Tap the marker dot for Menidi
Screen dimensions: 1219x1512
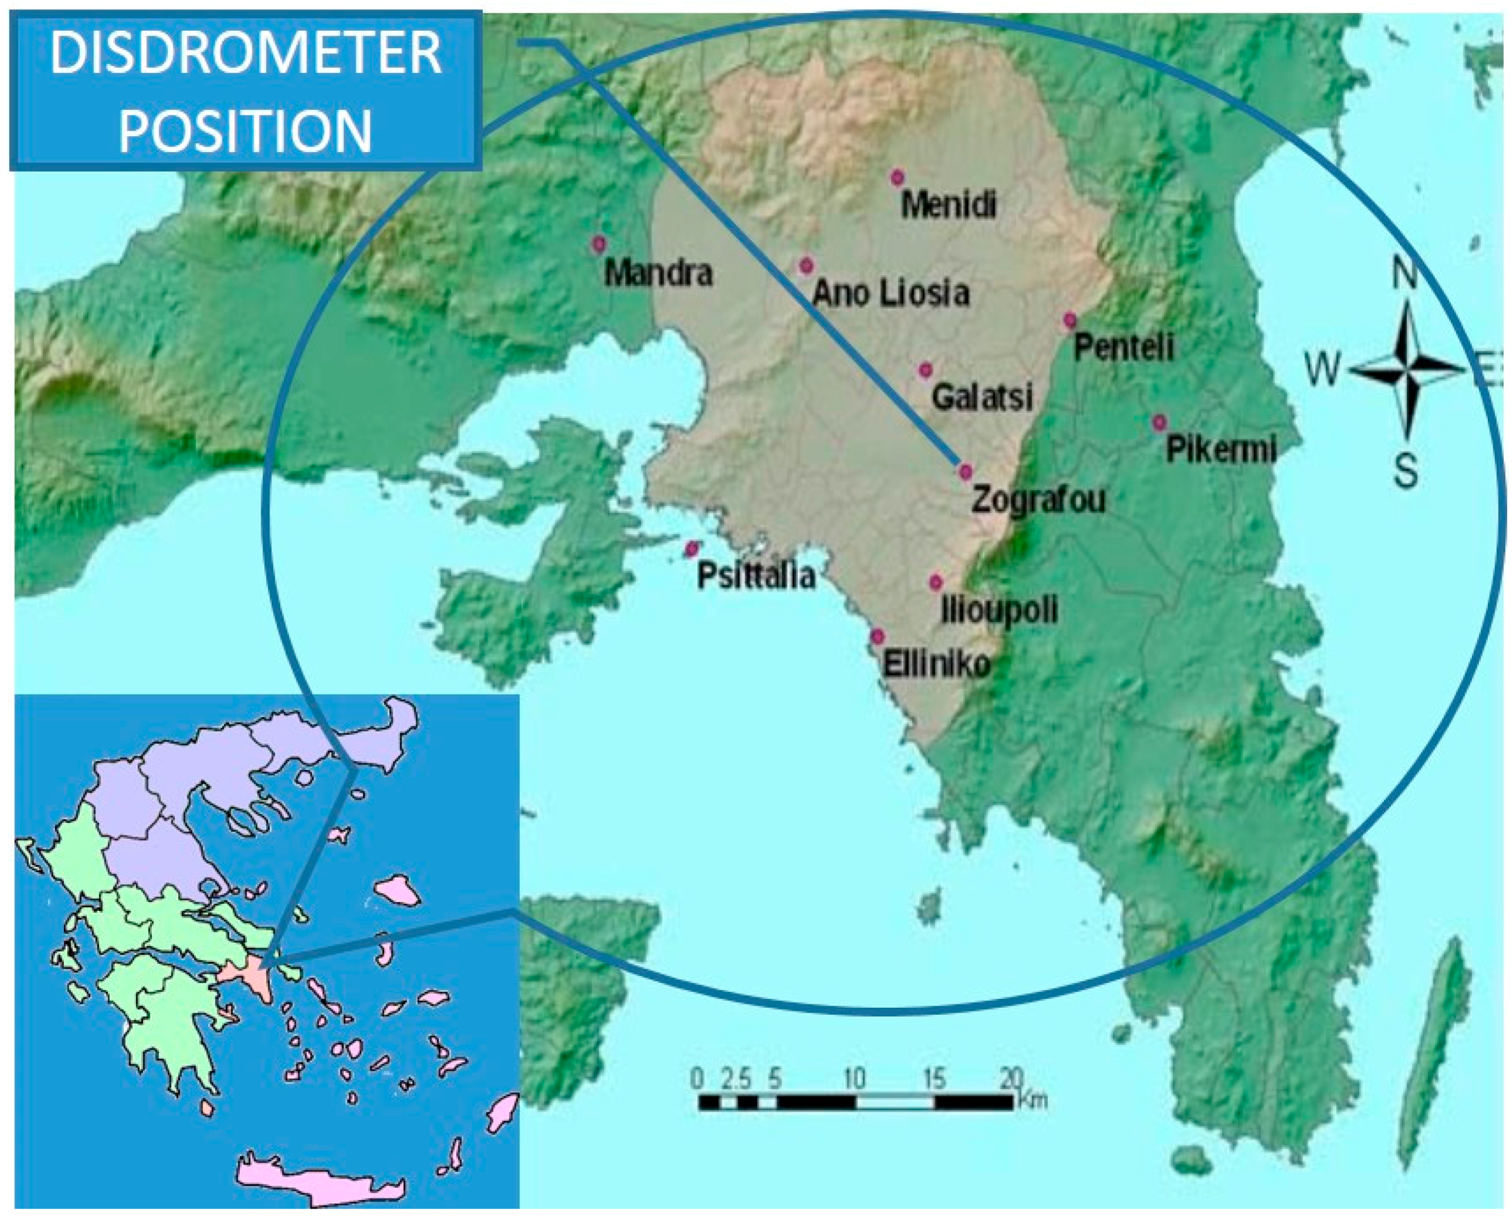click(x=896, y=178)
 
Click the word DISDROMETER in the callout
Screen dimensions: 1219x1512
click(x=246, y=54)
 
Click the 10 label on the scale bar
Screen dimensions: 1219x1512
click(x=854, y=1078)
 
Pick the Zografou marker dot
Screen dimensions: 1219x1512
click(x=966, y=471)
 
